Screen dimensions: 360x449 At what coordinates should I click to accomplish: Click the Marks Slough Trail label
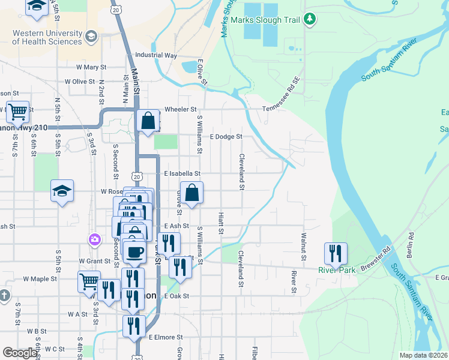click(x=273, y=20)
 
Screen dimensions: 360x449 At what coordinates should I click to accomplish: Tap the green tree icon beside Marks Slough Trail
click(x=310, y=19)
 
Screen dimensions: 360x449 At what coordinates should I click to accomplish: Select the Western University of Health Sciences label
click(x=47, y=37)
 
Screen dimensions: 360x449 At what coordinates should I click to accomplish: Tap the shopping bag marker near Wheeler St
click(x=148, y=121)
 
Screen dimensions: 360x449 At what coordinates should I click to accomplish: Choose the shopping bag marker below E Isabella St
click(x=191, y=193)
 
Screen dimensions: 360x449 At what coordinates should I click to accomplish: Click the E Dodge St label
click(x=225, y=137)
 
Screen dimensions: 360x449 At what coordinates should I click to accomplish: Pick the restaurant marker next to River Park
click(x=336, y=253)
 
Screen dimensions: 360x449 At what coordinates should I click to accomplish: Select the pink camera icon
click(x=94, y=240)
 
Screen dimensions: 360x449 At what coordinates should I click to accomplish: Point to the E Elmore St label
click(x=165, y=337)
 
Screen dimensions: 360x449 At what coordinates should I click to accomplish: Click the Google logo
click(x=19, y=353)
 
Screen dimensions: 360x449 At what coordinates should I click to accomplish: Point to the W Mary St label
click(x=91, y=67)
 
